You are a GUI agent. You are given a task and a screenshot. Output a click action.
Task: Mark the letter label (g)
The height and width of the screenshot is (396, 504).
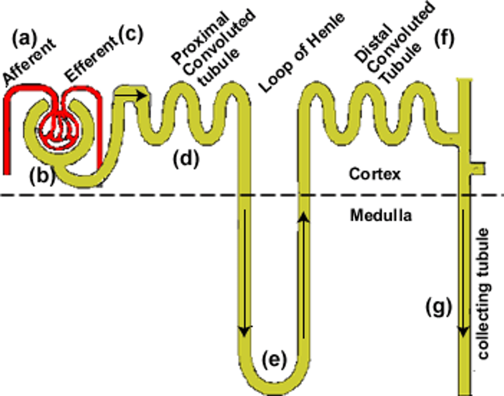[x=439, y=308]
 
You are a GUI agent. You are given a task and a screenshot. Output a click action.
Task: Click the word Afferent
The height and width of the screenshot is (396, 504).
[x=29, y=62]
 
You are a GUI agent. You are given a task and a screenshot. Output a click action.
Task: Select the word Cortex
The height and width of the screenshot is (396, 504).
[x=374, y=174]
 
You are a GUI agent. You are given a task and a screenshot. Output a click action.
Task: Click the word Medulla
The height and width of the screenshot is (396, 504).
[x=381, y=215]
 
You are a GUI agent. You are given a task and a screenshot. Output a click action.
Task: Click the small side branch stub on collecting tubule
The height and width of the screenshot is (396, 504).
[x=478, y=168]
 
